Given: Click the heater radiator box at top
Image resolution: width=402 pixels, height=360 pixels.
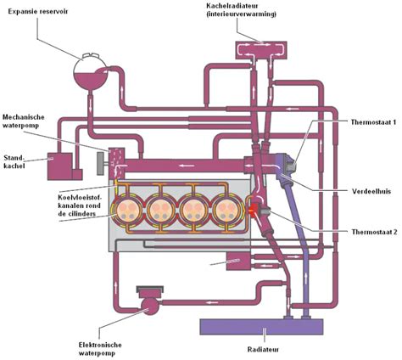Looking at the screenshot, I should [x=261, y=51].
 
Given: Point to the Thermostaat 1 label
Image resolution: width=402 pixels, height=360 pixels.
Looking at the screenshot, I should [x=372, y=122].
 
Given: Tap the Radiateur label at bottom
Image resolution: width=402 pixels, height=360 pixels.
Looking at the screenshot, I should [x=263, y=347].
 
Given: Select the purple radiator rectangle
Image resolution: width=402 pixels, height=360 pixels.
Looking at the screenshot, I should [x=261, y=325].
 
